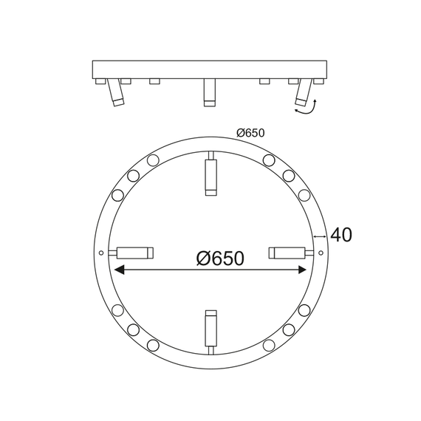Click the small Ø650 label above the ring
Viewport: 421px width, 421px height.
(x=250, y=133)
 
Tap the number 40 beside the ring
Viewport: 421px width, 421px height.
(x=340, y=235)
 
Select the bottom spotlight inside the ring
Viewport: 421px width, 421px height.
(x=210, y=329)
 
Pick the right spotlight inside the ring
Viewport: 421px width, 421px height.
(x=288, y=253)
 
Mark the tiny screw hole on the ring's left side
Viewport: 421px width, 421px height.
(x=101, y=253)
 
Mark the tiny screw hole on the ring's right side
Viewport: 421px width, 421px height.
(x=320, y=253)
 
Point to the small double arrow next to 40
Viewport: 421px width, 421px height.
(x=320, y=236)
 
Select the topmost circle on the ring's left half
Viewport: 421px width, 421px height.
(x=153, y=160)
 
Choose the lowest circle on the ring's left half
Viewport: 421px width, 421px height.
(x=153, y=345)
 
